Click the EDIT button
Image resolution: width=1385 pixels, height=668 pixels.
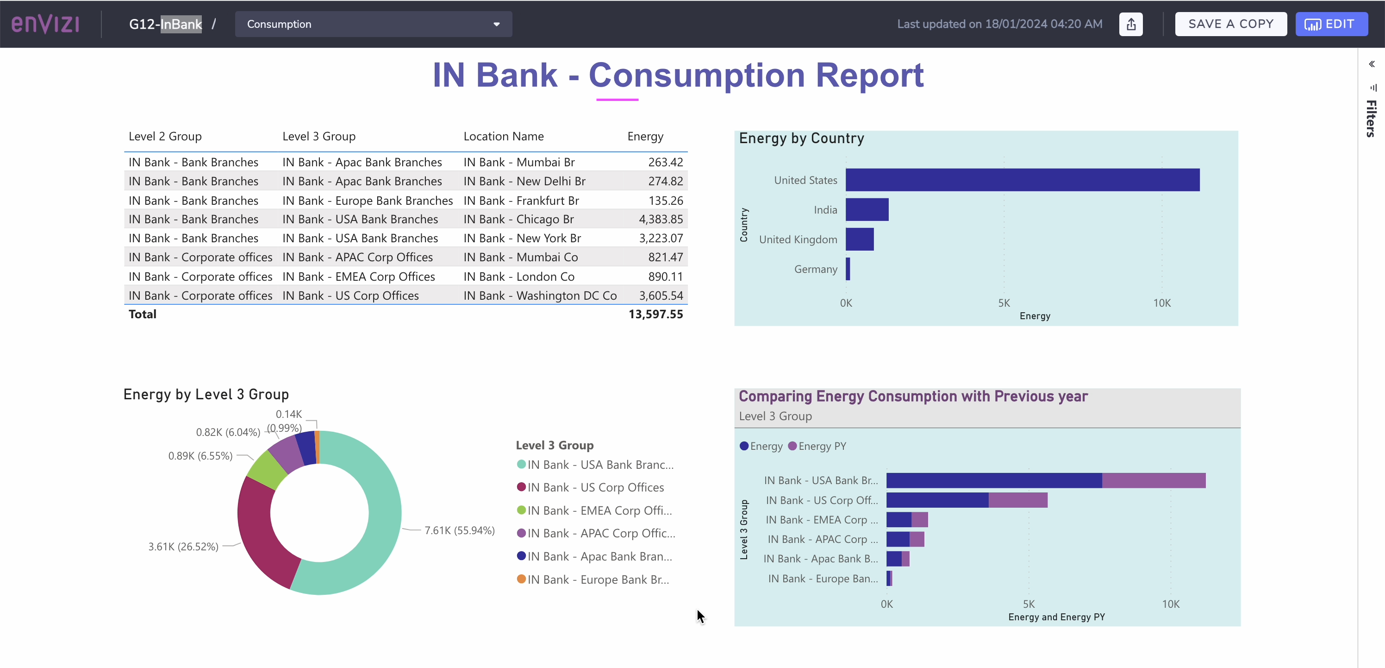1331,24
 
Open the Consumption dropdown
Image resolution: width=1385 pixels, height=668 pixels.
373,24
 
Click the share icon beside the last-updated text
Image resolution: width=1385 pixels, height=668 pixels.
1131,24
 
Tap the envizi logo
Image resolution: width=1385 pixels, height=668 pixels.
46,24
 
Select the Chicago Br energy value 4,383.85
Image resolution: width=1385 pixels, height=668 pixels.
660,220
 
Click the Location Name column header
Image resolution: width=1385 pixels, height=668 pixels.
503,137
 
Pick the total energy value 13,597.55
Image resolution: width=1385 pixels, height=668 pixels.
655,314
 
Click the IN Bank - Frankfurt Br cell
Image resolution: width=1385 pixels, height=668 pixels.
520,201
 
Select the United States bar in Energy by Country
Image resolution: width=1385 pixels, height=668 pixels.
1022,180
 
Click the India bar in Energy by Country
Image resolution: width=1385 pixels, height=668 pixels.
867,210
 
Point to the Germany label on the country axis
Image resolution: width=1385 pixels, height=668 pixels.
815,269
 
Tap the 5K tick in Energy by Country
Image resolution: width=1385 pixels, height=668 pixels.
1004,303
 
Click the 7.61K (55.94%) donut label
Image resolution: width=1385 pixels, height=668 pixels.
459,530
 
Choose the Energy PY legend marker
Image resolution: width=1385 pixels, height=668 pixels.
792,446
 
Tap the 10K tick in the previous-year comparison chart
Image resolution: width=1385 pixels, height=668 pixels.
1171,604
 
